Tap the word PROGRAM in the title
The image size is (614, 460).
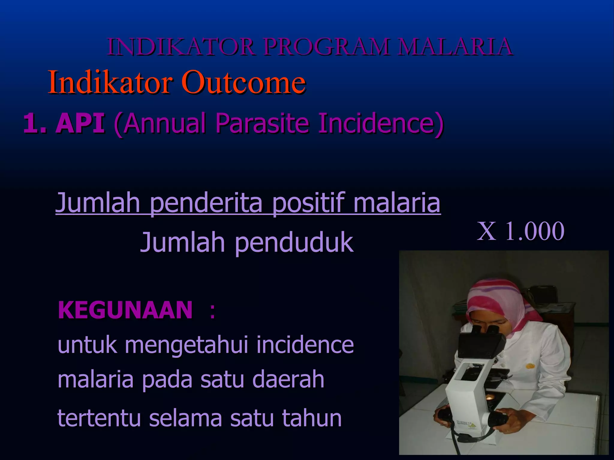pyautogui.click(x=327, y=47)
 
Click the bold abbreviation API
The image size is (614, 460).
pyautogui.click(x=80, y=123)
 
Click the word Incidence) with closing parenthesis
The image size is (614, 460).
pyautogui.click(x=381, y=123)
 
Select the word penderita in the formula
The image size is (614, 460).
pyautogui.click(x=206, y=203)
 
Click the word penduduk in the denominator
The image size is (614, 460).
pyautogui.click(x=294, y=242)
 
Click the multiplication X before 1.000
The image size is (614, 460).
pyautogui.click(x=486, y=231)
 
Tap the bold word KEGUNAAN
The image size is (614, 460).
pyautogui.click(x=125, y=310)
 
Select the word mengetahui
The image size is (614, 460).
pyautogui.click(x=186, y=345)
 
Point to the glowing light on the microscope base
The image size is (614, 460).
pyautogui.click(x=490, y=398)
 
